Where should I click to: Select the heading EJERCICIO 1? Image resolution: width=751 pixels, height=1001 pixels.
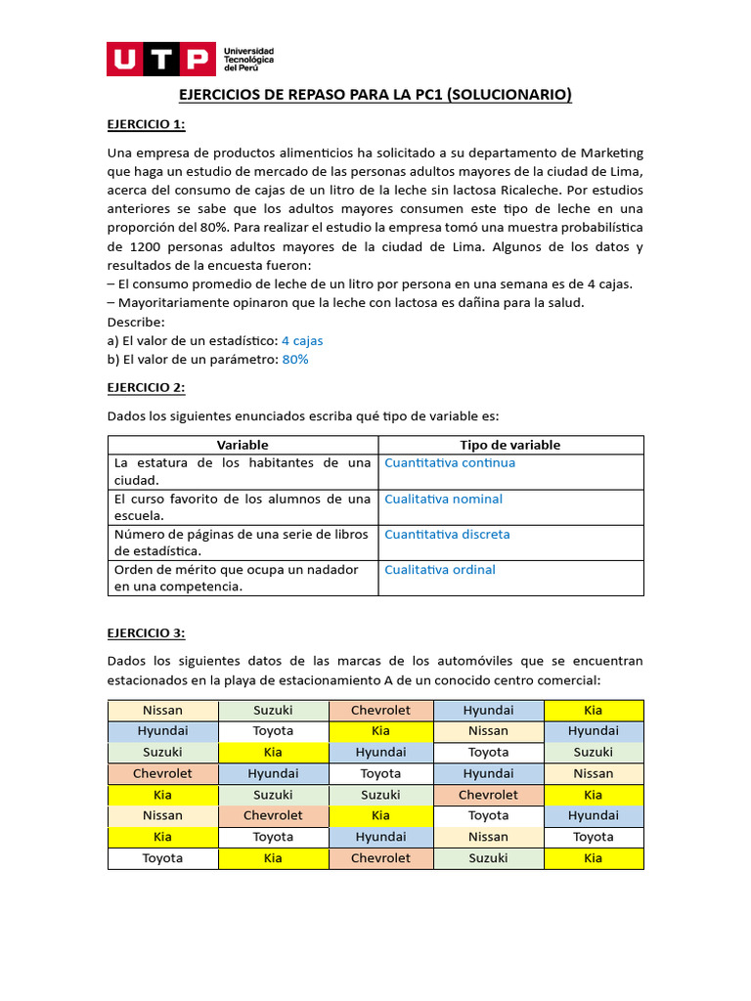[146, 124]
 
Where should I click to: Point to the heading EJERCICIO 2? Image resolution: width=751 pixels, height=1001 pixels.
[146, 387]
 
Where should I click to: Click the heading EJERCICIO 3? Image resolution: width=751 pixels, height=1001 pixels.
[146, 632]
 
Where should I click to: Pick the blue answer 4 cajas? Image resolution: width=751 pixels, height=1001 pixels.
[302, 341]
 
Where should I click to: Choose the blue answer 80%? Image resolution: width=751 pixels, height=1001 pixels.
[295, 360]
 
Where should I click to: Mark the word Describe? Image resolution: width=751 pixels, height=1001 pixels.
[136, 322]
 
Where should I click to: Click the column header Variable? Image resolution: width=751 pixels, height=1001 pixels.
[243, 445]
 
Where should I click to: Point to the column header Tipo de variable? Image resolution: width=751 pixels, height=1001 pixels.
[510, 445]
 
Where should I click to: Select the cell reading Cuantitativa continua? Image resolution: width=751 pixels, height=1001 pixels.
[450, 463]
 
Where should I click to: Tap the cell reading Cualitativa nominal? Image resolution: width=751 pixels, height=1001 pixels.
[443, 500]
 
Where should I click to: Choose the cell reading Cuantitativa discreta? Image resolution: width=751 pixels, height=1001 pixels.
[447, 535]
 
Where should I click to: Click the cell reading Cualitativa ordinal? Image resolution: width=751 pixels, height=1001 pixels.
[440, 570]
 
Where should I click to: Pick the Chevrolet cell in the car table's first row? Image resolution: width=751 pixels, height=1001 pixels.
[380, 710]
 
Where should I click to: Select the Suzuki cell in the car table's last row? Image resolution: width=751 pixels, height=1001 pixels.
[488, 858]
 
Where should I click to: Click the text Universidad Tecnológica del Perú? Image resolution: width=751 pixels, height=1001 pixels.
[249, 59]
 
